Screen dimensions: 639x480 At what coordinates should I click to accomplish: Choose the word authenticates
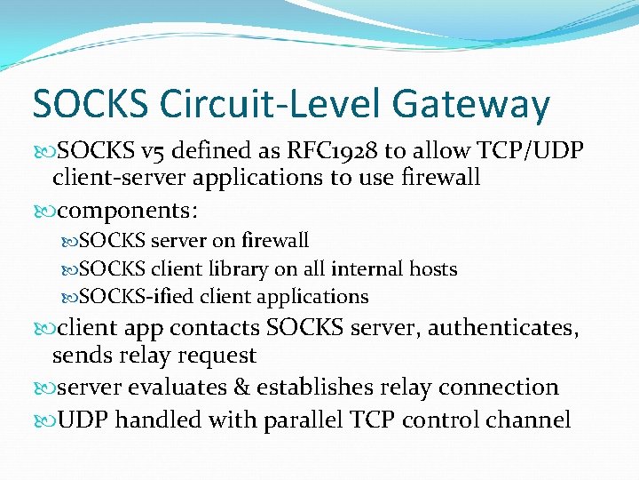504,328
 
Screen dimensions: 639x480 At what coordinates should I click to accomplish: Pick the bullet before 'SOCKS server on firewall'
70,241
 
